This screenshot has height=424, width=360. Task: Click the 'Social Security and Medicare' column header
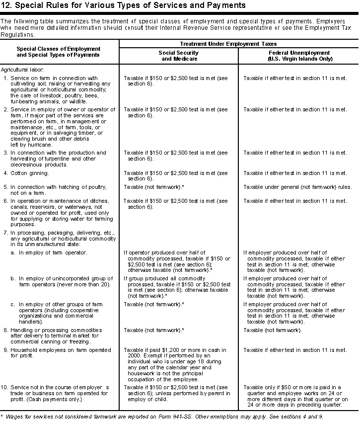coord(178,55)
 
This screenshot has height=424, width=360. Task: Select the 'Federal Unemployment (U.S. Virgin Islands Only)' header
coord(298,55)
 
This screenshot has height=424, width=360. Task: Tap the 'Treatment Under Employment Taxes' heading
coord(238,44)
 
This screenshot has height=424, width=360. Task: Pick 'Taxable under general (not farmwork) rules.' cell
coord(297,187)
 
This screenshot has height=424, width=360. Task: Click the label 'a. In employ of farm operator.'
coord(49,253)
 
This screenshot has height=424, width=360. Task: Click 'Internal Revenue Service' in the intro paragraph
coord(240,28)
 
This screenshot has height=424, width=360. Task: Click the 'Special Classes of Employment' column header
coord(59,49)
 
